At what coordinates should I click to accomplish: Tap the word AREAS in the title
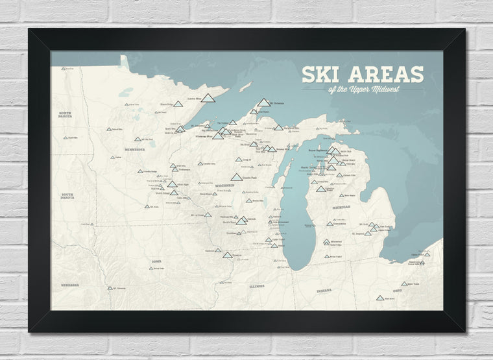point(383,75)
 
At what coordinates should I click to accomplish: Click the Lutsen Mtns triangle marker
point(208,99)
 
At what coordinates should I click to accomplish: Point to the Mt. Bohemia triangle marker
point(263,102)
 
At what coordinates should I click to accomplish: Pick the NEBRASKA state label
point(70,285)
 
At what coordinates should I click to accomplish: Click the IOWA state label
point(157,261)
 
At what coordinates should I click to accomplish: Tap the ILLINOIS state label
point(256,285)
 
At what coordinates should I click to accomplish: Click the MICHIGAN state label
point(341,207)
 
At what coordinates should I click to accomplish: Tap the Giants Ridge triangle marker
point(178,104)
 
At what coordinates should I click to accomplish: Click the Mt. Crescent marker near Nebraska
point(109,287)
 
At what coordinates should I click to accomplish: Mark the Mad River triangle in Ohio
point(380,298)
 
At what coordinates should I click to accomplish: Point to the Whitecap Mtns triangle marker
point(218,136)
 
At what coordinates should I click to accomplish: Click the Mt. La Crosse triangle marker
point(208,214)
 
